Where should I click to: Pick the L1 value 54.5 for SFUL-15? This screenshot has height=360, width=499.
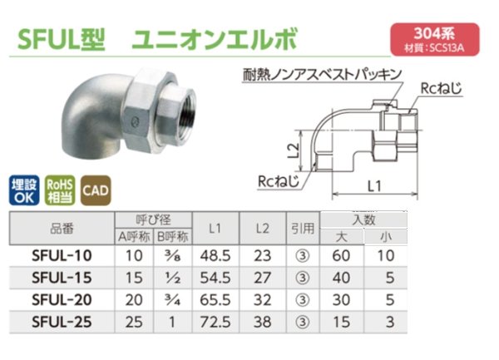click(x=214, y=276)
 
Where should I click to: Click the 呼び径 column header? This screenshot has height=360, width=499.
click(x=154, y=219)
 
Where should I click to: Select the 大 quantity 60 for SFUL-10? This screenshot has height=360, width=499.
click(x=340, y=255)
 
